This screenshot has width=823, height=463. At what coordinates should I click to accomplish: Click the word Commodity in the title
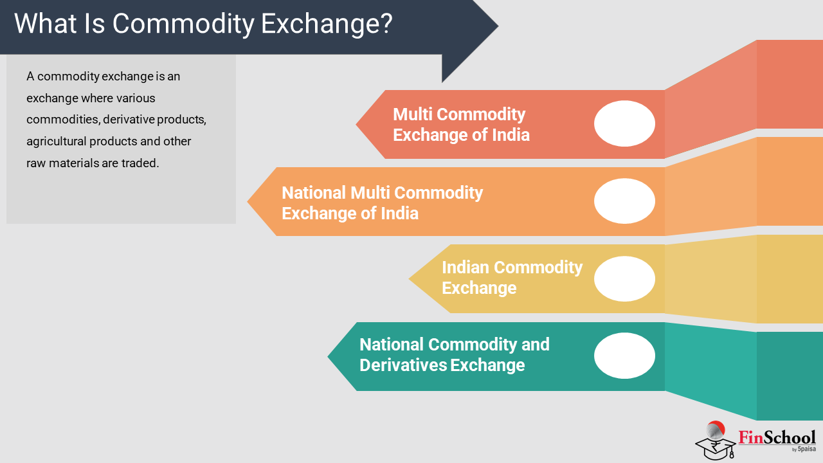[x=183, y=24]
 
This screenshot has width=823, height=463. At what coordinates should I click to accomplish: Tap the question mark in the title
[x=386, y=23]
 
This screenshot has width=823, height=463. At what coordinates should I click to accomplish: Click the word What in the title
[x=45, y=24]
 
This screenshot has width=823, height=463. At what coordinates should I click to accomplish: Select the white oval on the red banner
[x=624, y=123]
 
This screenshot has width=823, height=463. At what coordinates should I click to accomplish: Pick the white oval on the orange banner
[x=624, y=201]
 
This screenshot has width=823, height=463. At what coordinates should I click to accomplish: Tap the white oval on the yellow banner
[x=624, y=279]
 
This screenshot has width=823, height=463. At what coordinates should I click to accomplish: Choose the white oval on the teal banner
[x=624, y=356]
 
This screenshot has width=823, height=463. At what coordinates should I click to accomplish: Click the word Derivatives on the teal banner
[x=403, y=365]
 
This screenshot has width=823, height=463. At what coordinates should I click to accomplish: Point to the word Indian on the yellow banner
[x=465, y=267]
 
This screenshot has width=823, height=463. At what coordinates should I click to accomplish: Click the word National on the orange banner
[x=314, y=192]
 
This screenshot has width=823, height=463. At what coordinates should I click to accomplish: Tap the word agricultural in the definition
[x=56, y=141]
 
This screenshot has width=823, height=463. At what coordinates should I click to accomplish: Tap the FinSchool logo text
[x=777, y=437]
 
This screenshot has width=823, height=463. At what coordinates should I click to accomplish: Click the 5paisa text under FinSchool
[x=806, y=449]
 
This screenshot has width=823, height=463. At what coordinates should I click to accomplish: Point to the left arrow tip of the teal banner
[x=328, y=356]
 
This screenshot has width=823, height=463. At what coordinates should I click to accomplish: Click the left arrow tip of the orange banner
[x=248, y=201]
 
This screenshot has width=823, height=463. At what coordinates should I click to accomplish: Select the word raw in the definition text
[x=36, y=163]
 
